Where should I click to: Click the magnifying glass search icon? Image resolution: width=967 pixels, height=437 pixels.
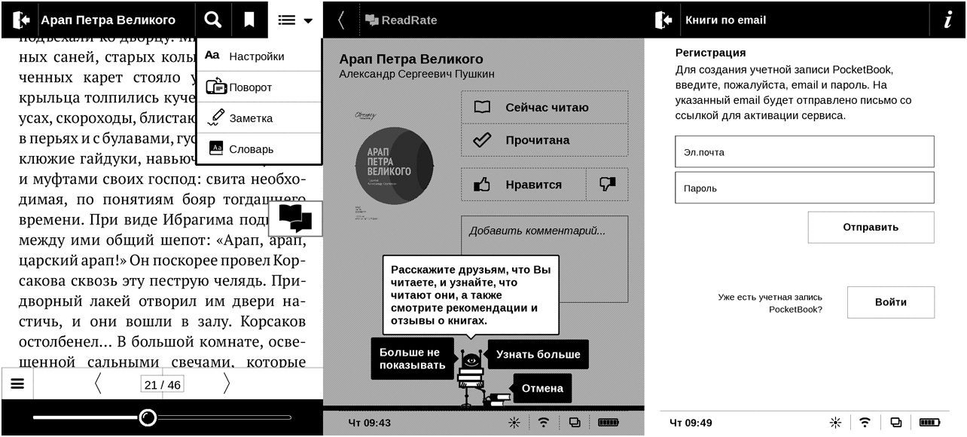tap(213, 20)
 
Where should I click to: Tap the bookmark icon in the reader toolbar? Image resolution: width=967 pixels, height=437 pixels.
tap(249, 20)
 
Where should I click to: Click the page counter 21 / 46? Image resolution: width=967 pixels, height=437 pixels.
tap(162, 385)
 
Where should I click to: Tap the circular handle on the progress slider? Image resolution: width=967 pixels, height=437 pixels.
tap(148, 417)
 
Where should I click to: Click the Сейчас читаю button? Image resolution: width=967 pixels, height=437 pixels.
tap(544, 108)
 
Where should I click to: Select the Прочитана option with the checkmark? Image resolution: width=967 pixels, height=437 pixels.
tap(544, 140)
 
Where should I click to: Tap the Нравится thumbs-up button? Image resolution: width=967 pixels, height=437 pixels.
tap(523, 185)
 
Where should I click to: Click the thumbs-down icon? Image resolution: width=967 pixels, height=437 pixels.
tap(607, 185)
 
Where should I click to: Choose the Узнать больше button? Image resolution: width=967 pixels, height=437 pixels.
tap(538, 354)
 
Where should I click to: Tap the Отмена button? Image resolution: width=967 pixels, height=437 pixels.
tap(541, 389)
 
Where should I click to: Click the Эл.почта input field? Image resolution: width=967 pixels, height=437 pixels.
tap(804, 151)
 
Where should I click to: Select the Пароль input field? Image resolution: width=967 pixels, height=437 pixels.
tap(804, 188)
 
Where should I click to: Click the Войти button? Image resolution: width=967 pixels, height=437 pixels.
tap(890, 302)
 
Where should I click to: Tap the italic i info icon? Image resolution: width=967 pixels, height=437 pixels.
tap(947, 20)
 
